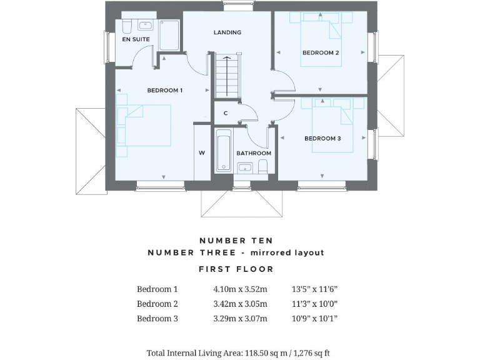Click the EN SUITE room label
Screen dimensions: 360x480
coord(136,39)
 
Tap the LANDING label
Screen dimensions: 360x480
coord(227,32)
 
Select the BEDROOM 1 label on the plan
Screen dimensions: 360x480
coord(164,91)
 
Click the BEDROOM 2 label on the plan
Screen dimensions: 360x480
coord(321,53)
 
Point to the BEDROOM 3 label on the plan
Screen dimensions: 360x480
coord(322,139)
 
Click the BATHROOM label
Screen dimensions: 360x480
coord(254,153)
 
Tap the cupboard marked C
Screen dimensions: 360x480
coord(225,113)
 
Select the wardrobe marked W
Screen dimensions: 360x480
coord(202,153)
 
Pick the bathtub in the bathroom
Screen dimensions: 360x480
coord(224,151)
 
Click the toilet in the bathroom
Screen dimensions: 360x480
coord(263,166)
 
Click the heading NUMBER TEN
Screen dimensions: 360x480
coord(236,240)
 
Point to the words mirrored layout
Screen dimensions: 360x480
coord(287,252)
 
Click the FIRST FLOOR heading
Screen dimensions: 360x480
coord(236,269)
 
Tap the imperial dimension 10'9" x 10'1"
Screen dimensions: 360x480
coord(314,319)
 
